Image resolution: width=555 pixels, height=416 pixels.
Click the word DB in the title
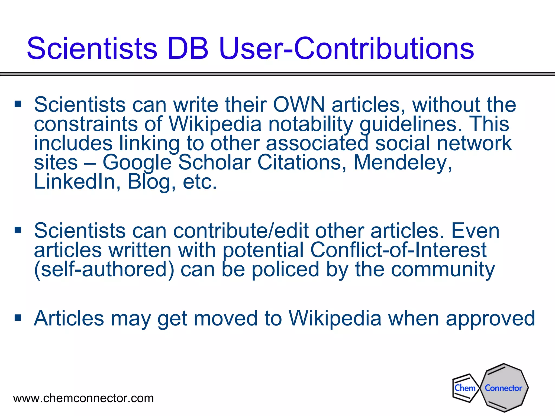click(188, 49)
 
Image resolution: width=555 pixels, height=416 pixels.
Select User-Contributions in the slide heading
click(347, 49)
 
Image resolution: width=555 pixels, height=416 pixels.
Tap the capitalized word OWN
click(299, 105)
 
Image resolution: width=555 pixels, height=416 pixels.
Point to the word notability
click(311, 124)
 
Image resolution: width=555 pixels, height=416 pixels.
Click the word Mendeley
click(403, 162)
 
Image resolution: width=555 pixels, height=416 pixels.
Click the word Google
click(137, 163)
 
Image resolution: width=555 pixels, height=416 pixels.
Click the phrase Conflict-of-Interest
click(398, 250)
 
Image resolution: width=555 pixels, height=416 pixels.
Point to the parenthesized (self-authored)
click(104, 269)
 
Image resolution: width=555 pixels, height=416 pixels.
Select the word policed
click(285, 270)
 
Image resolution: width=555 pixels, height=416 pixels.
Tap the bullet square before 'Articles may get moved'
click(18, 317)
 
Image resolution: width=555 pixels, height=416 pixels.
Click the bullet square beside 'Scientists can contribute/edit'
click(18, 230)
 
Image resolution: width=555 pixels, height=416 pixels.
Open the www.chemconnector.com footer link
click(83, 398)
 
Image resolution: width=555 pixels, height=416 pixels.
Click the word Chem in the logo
click(465, 388)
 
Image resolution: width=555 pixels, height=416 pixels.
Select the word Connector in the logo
click(503, 388)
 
